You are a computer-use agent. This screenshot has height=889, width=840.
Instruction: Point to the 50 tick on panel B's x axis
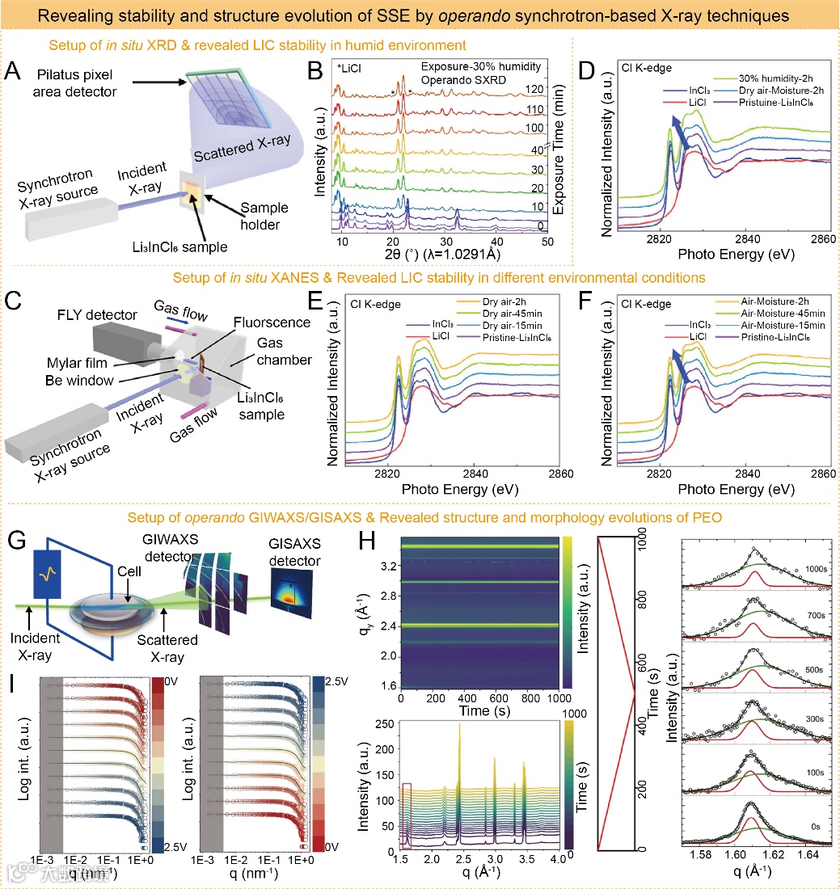coord(547,242)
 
